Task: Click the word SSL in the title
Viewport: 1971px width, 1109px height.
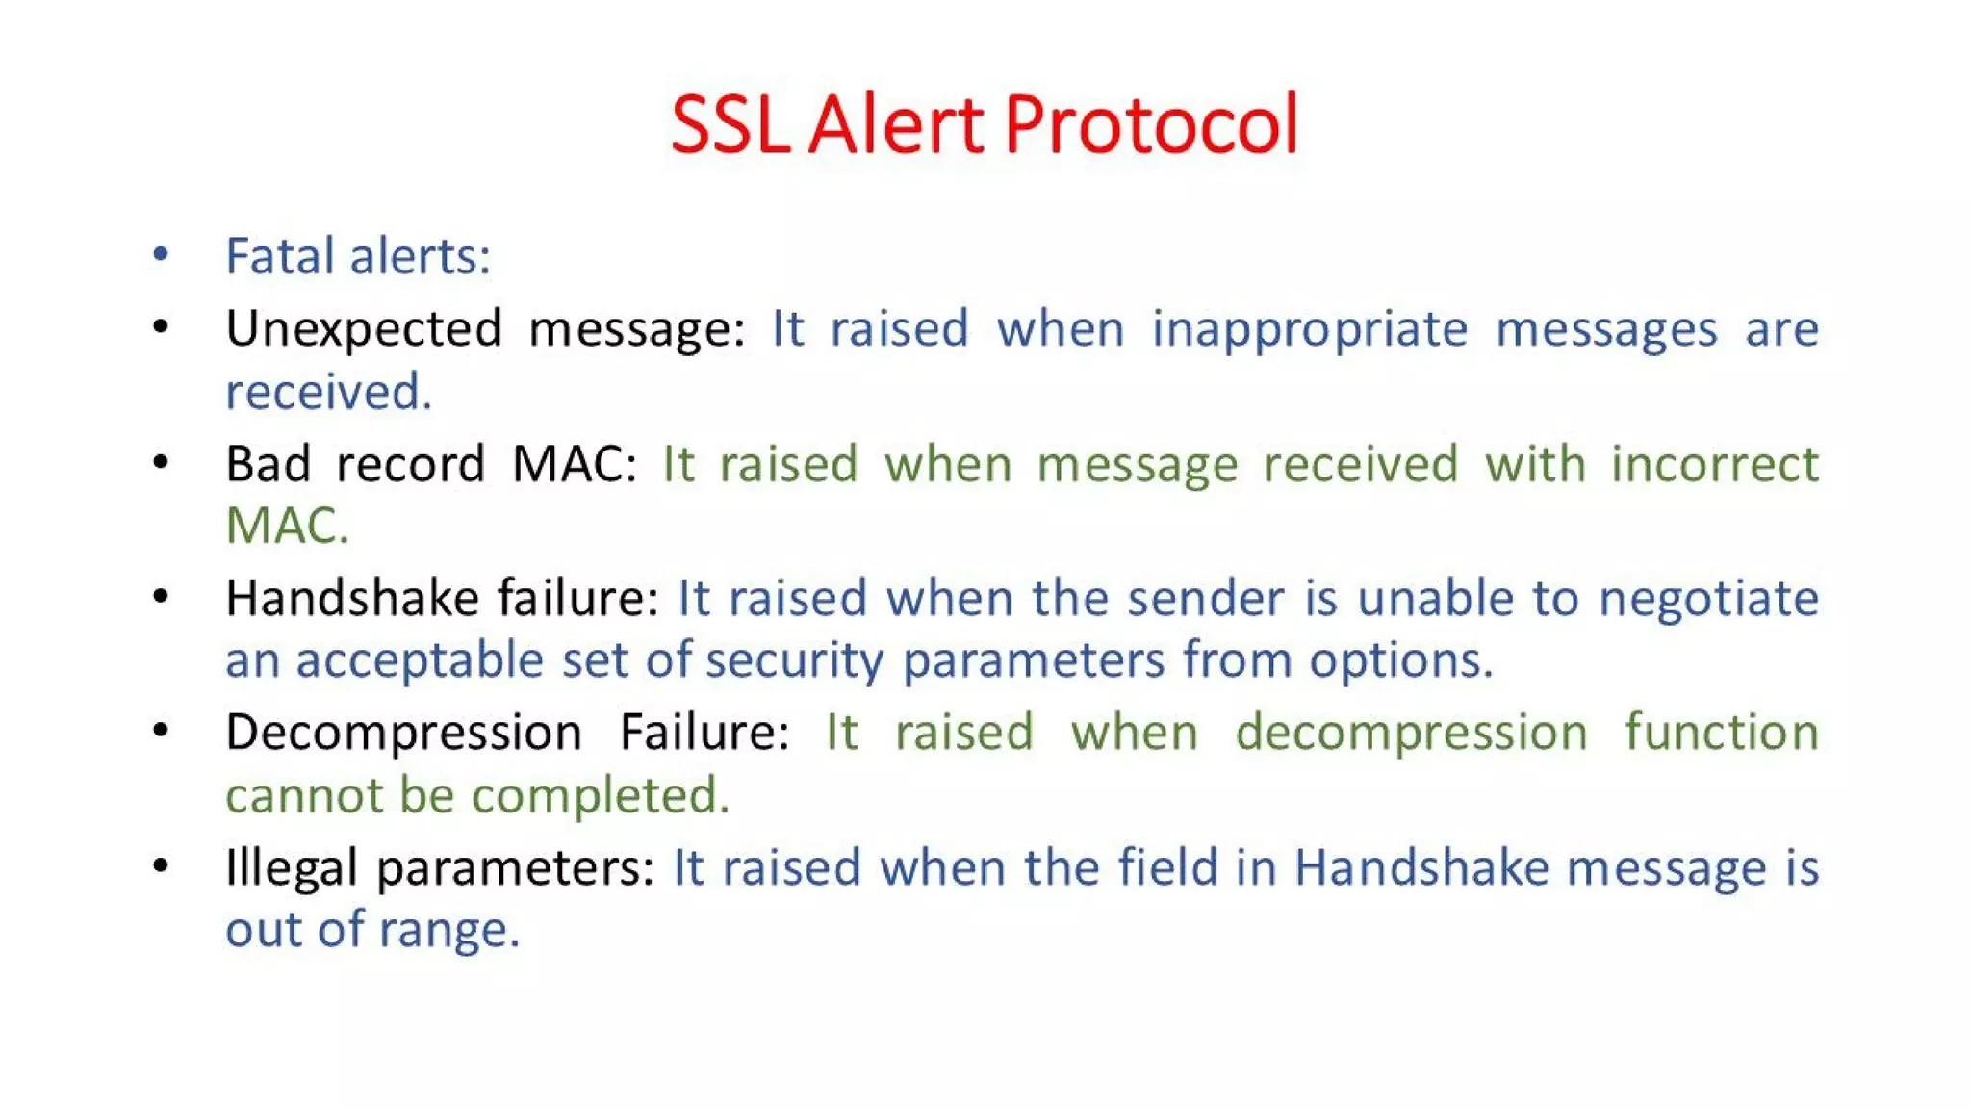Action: tap(730, 125)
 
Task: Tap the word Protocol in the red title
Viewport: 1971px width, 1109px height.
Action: tap(1151, 125)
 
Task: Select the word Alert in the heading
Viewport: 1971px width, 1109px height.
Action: tap(896, 125)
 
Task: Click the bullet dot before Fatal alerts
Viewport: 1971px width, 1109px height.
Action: tap(161, 255)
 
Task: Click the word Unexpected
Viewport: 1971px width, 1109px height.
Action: tap(364, 329)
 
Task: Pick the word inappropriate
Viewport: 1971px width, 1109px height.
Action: tap(1310, 329)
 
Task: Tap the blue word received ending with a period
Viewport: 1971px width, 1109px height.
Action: tap(328, 392)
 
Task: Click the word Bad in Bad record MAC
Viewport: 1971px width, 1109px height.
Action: tap(268, 464)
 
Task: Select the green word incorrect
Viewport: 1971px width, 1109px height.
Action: tap(1715, 464)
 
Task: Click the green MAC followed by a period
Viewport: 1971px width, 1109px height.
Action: tap(286, 526)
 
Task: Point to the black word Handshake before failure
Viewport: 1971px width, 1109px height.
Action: tap(351, 598)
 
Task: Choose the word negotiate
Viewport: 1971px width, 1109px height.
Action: tap(1708, 598)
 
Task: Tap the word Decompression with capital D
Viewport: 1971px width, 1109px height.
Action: tap(404, 733)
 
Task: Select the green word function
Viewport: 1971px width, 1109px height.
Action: tap(1721, 733)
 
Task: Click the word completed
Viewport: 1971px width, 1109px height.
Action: tap(600, 795)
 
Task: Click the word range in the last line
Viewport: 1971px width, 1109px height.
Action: tap(448, 930)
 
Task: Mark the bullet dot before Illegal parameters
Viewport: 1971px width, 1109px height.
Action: tap(161, 865)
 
